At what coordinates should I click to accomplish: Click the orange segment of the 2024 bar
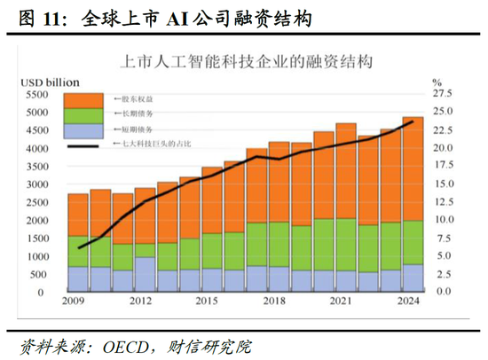[413, 168]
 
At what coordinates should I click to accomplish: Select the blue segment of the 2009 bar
[78, 279]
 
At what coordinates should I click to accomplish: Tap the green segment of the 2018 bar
[257, 245]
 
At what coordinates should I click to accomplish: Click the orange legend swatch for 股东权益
[89, 98]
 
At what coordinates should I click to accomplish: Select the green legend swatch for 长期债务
[89, 115]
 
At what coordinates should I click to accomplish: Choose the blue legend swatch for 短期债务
[89, 132]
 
